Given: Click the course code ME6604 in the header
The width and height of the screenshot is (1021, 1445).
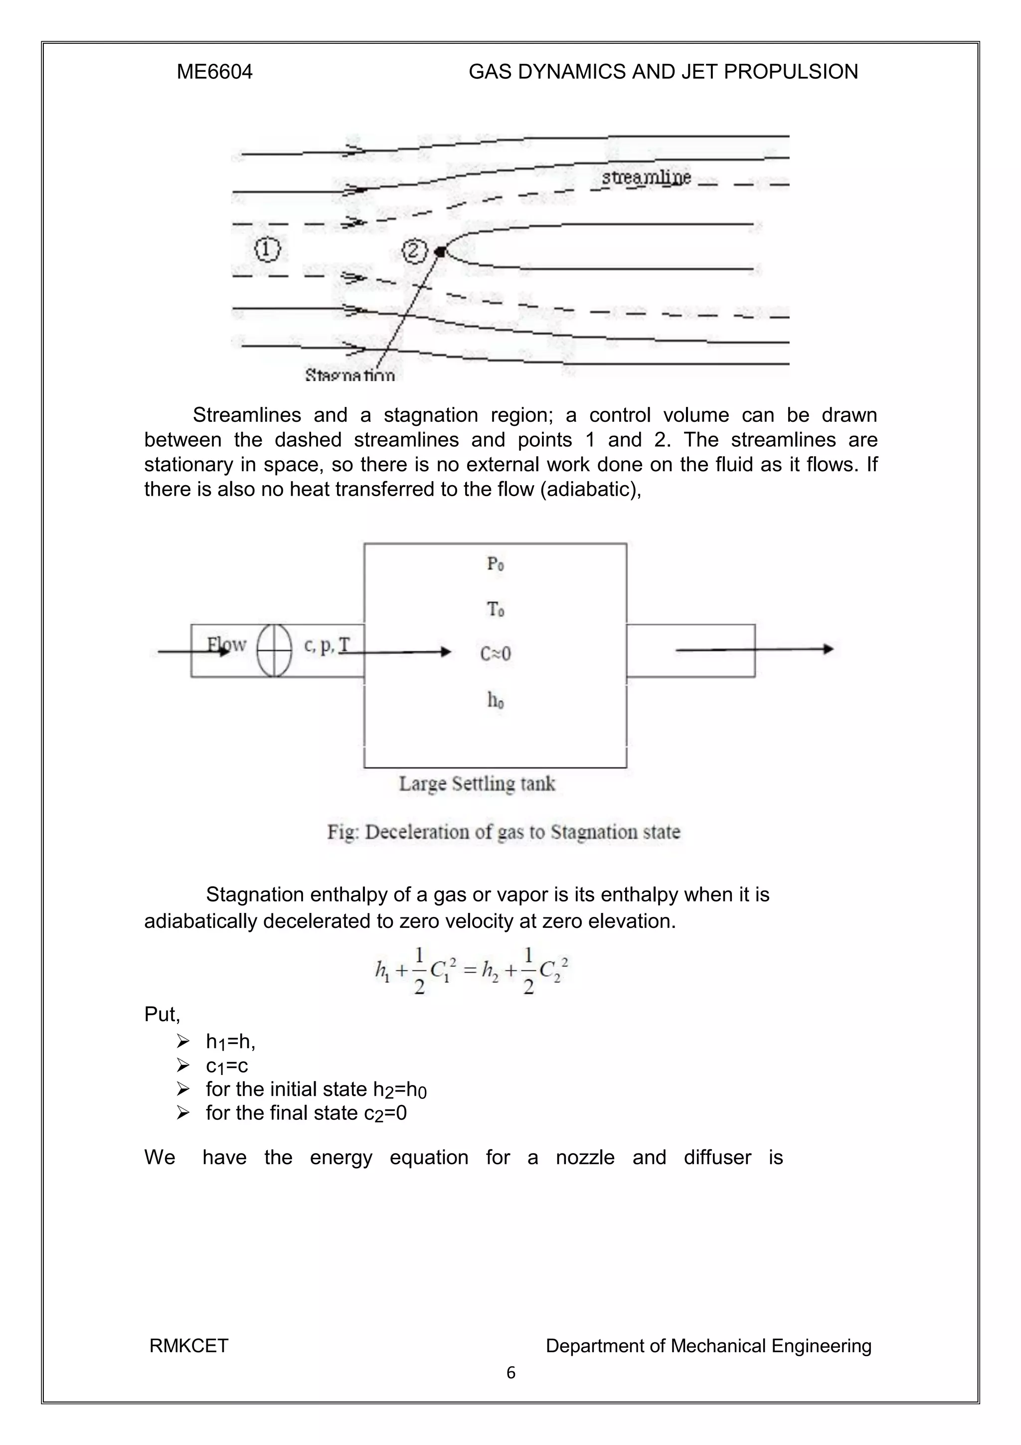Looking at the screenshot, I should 214,72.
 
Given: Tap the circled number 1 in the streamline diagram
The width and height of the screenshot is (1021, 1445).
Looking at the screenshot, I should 267,250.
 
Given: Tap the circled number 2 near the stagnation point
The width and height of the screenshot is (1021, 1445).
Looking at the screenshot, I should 413,251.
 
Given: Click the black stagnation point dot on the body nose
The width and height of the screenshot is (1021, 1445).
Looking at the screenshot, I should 440,252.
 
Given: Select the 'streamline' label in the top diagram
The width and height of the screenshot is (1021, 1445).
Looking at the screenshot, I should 646,178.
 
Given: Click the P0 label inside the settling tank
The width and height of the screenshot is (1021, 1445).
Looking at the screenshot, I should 495,564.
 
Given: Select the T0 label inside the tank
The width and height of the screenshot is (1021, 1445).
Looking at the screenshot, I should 495,609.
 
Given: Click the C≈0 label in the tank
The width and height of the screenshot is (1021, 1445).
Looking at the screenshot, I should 495,654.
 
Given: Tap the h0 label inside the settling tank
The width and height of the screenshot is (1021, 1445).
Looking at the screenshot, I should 495,700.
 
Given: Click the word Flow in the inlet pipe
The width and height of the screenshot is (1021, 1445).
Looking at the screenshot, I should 226,644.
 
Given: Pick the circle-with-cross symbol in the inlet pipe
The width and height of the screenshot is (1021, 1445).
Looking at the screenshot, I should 274,650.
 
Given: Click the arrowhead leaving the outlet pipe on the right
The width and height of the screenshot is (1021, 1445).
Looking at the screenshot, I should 829,649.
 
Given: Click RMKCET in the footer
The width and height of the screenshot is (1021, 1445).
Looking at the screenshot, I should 189,1346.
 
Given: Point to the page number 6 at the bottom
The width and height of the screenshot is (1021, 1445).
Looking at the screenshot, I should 510,1373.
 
